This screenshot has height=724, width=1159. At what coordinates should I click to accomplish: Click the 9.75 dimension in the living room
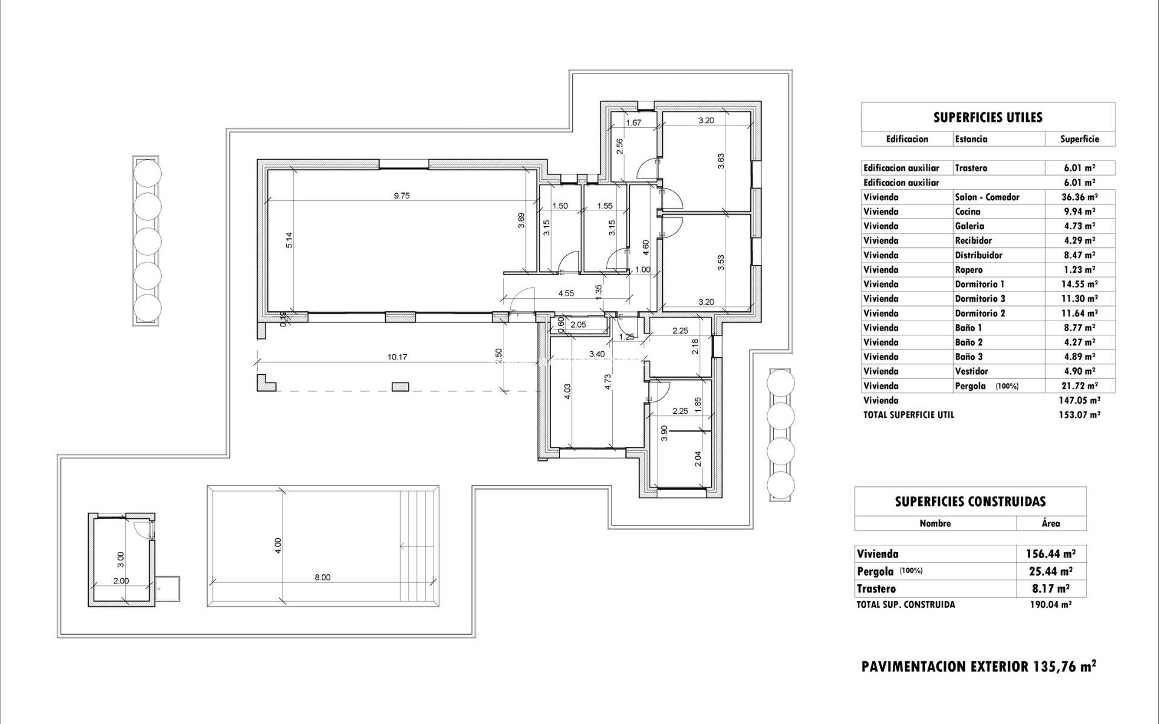401,195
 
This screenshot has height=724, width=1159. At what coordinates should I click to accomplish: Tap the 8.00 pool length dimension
322,577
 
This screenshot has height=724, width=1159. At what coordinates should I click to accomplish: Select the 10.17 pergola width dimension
397,357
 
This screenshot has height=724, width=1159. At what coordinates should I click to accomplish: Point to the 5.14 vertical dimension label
289,240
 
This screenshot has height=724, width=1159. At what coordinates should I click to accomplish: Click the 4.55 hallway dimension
566,294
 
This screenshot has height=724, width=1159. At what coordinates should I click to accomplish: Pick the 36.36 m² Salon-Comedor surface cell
1079,197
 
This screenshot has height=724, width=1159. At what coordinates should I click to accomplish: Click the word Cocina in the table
967,212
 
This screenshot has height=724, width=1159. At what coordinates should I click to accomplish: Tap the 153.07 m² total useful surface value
1079,415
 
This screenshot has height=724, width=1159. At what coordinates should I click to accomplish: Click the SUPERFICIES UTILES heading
988,118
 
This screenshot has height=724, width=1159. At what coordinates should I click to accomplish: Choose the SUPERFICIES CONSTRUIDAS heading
970,501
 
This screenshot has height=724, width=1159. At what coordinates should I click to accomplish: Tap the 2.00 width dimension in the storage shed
121,581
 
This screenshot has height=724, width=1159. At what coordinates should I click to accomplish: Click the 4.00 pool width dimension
278,545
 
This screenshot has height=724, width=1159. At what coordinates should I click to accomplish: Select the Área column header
1050,524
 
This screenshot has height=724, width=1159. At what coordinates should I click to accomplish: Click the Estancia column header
971,139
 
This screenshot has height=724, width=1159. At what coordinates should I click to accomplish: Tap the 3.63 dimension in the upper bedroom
721,161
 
